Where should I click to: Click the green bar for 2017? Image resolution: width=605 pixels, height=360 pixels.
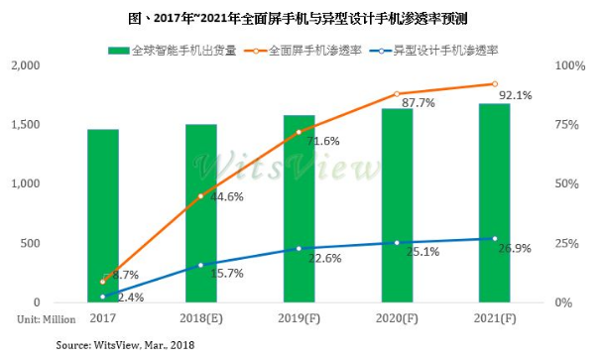[x=102, y=215]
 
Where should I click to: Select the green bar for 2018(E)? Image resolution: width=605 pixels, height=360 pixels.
[x=200, y=213]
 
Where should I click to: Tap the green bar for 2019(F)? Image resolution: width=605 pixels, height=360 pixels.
[x=299, y=208]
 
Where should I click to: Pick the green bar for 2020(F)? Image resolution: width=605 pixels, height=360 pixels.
[x=397, y=205]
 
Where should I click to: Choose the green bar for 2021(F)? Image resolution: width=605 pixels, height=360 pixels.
[x=495, y=202]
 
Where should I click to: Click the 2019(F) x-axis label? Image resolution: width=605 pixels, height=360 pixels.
[x=299, y=317]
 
